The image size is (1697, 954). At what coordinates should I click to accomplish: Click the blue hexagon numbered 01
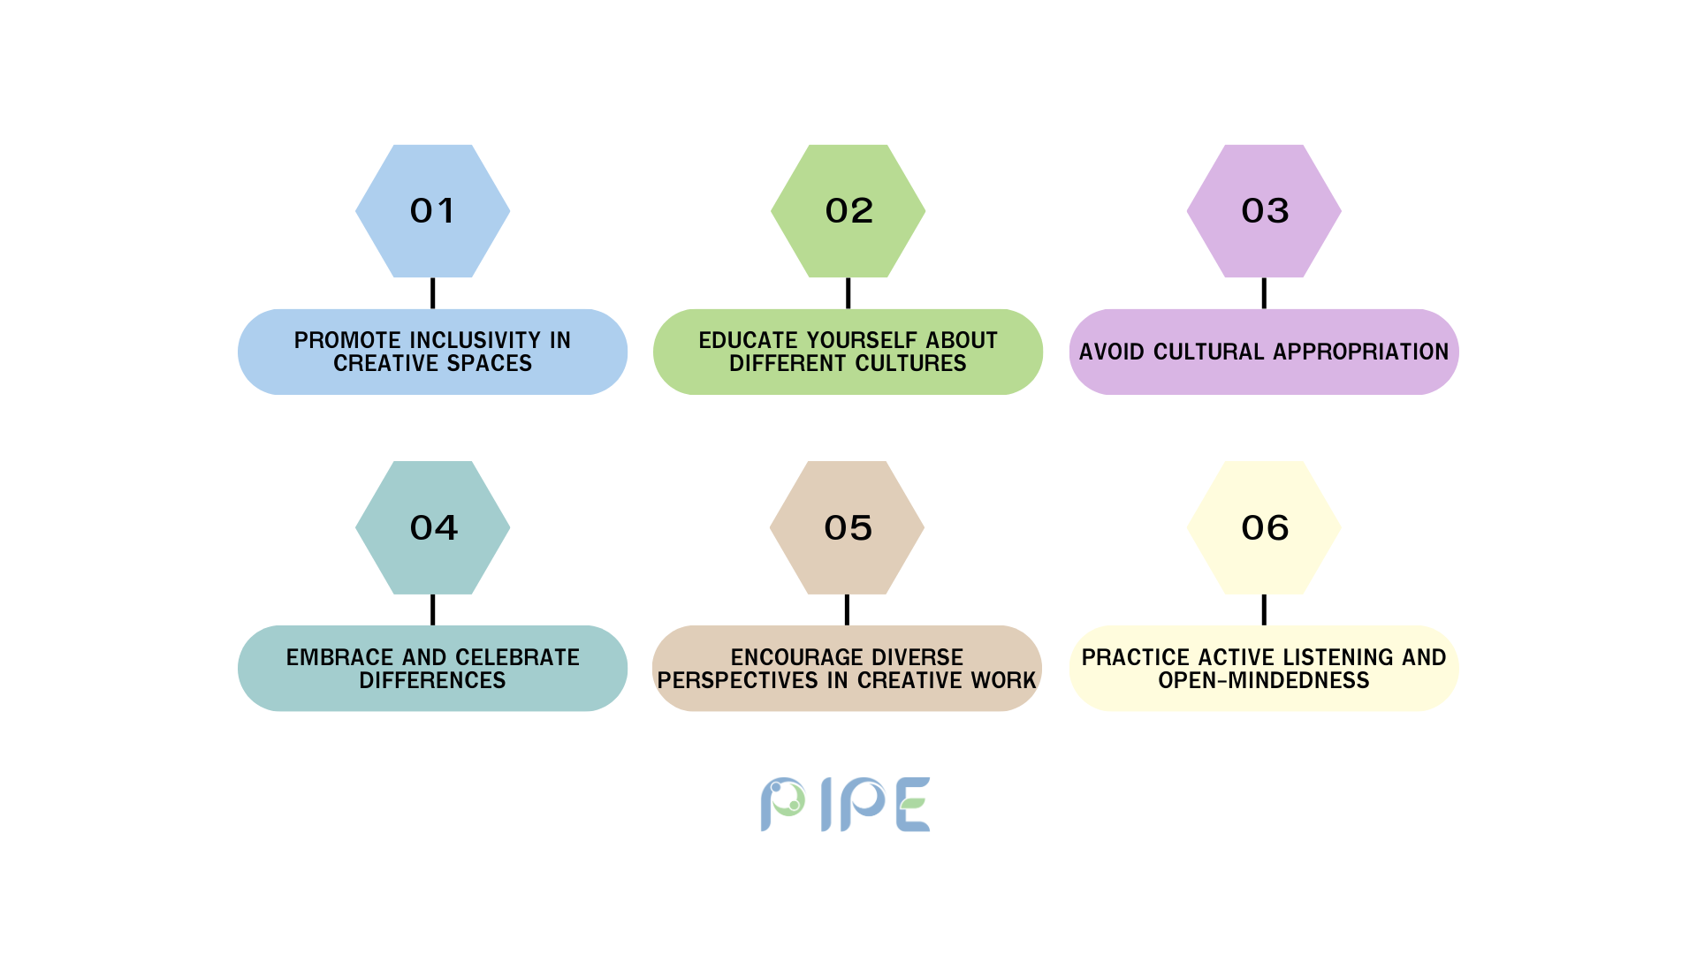(433, 211)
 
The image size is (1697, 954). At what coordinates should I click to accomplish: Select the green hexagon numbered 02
(848, 211)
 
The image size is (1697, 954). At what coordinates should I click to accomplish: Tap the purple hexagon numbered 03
(1264, 211)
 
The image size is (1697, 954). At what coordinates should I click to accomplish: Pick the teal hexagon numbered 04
(433, 527)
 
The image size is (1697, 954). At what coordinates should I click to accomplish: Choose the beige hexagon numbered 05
(847, 527)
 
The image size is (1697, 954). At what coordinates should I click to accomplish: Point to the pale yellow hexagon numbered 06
(1264, 527)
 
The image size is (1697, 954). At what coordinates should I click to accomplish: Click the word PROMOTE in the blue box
(347, 340)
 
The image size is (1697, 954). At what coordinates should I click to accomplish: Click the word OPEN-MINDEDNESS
(1264, 680)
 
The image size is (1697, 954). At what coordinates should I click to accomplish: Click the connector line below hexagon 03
(1264, 293)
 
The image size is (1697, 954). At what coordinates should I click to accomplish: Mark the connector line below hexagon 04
(433, 609)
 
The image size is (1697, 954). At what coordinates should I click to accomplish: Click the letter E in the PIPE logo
(913, 805)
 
